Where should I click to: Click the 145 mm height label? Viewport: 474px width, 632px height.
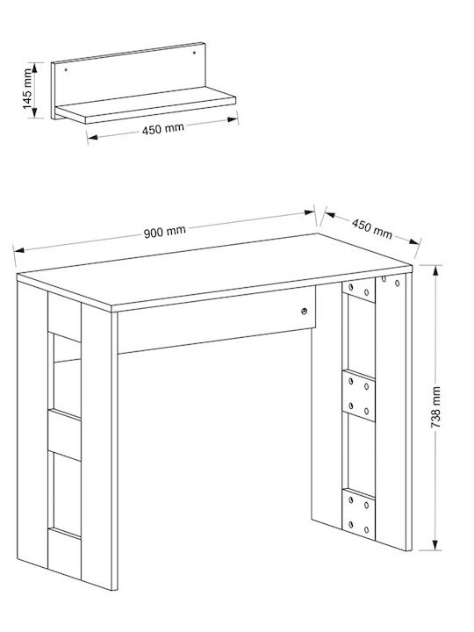pyautogui.click(x=27, y=89)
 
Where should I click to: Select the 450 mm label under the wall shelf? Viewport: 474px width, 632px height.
pyautogui.click(x=163, y=129)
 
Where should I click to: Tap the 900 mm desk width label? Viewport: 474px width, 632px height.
pyautogui.click(x=165, y=232)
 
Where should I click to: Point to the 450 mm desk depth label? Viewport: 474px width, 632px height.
pyautogui.click(x=371, y=228)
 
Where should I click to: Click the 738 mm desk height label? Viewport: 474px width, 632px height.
pyautogui.click(x=435, y=407)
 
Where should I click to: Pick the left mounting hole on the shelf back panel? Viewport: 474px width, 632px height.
pyautogui.click(x=66, y=69)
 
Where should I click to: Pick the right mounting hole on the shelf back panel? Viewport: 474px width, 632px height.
pyautogui.click(x=194, y=53)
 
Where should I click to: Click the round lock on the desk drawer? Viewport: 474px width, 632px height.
pyautogui.click(x=304, y=311)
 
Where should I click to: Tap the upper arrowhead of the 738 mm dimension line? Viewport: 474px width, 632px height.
pyautogui.click(x=435, y=270)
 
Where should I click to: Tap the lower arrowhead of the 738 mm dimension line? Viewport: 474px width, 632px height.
pyautogui.click(x=435, y=545)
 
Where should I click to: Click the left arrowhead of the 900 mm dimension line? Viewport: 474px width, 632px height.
pyautogui.click(x=19, y=250)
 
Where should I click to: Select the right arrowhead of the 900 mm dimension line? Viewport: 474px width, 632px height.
pyautogui.click(x=310, y=212)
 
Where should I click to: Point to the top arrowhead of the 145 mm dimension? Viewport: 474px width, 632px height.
pyautogui.click(x=34, y=68)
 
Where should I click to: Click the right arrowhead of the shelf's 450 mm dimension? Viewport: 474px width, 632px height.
pyautogui.click(x=233, y=119)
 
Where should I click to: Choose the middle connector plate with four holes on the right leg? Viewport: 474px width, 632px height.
pyautogui.click(x=358, y=396)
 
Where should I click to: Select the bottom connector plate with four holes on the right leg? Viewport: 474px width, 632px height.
pyautogui.click(x=358, y=514)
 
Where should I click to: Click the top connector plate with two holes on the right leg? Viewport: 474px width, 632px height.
pyautogui.click(x=358, y=290)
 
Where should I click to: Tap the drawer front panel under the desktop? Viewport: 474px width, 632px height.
pyautogui.click(x=217, y=320)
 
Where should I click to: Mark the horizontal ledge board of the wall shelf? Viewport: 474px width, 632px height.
pyautogui.click(x=146, y=105)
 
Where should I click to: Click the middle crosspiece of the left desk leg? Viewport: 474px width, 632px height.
pyautogui.click(x=64, y=434)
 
